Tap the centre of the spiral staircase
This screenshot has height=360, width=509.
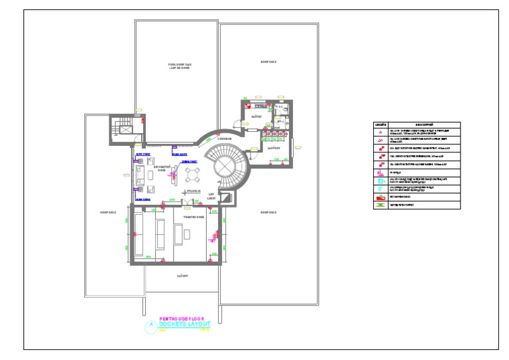click(x=226, y=165)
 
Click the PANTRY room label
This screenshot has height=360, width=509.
click(x=256, y=117)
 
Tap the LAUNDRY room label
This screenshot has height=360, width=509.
click(x=275, y=149)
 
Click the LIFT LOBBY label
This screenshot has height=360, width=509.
click(x=212, y=197)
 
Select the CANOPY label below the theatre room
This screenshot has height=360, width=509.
click(x=182, y=274)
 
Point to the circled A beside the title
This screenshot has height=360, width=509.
click(x=152, y=324)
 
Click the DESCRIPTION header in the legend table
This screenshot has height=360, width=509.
click(x=424, y=124)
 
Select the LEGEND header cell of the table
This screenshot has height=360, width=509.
click(x=380, y=124)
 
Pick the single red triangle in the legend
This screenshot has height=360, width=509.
click(x=380, y=133)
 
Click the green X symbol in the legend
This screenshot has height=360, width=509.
click(x=380, y=206)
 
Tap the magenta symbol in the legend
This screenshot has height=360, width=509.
click(x=380, y=172)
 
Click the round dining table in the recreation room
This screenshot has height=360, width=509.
click(x=193, y=174)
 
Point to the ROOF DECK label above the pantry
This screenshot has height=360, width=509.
click(x=268, y=62)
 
